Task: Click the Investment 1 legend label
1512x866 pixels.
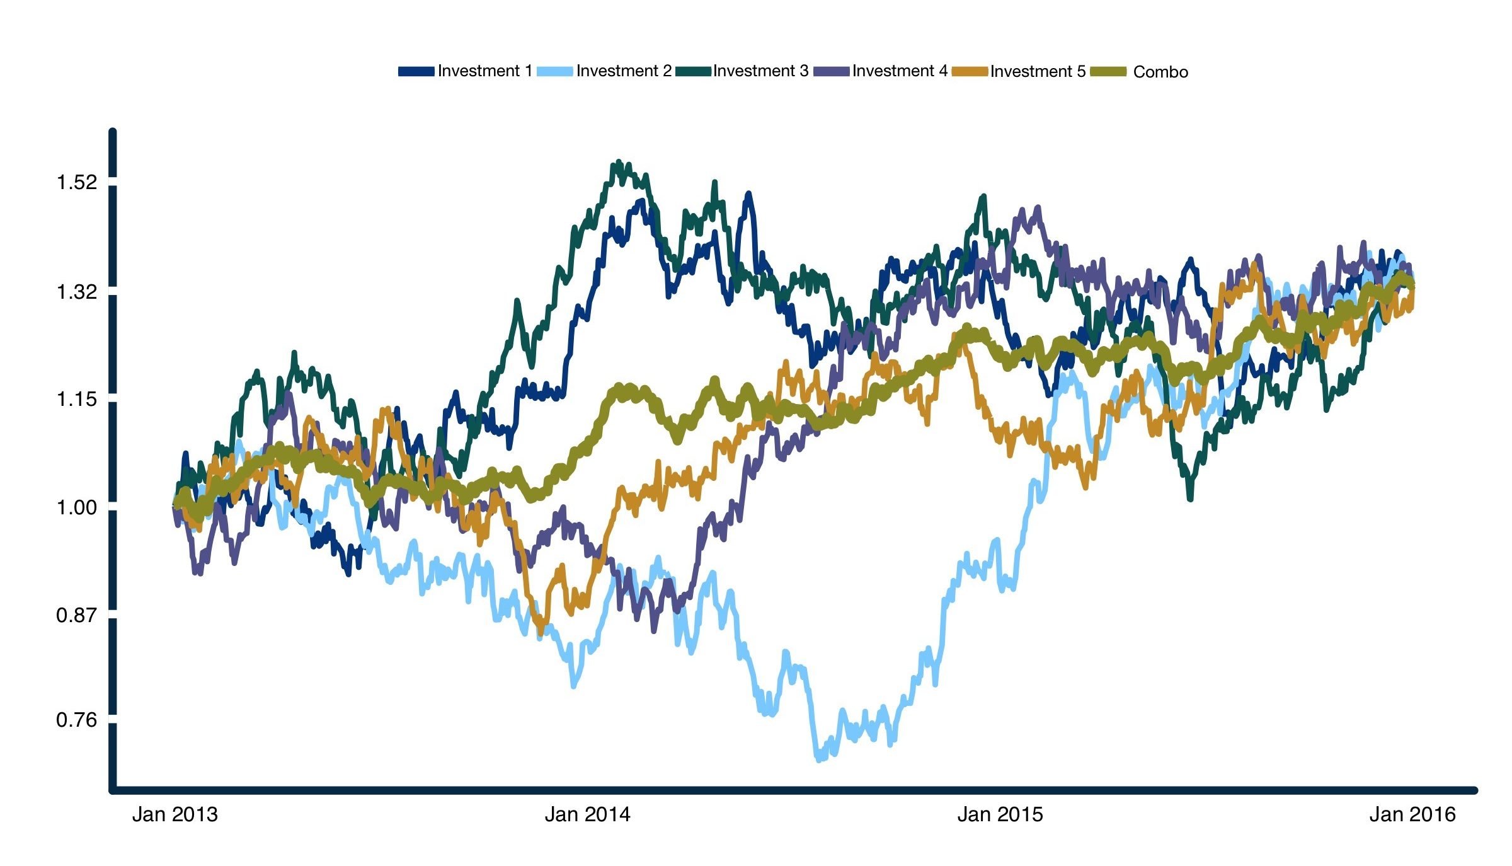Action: tap(484, 71)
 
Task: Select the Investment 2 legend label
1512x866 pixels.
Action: tap(624, 71)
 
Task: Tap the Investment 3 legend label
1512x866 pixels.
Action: tap(760, 71)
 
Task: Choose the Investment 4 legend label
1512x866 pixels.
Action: tap(900, 71)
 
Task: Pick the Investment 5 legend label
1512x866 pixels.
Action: tap(1038, 72)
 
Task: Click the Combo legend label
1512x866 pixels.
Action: tap(1160, 72)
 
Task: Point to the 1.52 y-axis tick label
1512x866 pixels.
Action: tap(77, 183)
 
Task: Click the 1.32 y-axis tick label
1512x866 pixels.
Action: tap(77, 292)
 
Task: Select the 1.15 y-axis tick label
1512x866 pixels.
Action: tap(77, 400)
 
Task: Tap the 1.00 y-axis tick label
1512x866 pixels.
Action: tap(77, 508)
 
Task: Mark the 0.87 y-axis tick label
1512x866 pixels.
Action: tap(77, 615)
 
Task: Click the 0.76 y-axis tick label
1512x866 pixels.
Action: tap(77, 720)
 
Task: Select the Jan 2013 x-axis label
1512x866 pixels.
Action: tap(175, 814)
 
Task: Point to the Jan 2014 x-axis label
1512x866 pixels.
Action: tap(587, 814)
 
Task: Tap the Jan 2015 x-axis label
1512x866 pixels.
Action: tap(1000, 814)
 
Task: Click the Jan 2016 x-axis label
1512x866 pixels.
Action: tap(1412, 814)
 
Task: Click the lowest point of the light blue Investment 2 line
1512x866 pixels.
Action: tap(819, 759)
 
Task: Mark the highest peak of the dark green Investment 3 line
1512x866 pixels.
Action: tap(619, 162)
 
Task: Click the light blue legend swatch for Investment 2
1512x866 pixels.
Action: tap(555, 72)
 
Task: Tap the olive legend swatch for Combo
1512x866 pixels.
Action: tap(1108, 72)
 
